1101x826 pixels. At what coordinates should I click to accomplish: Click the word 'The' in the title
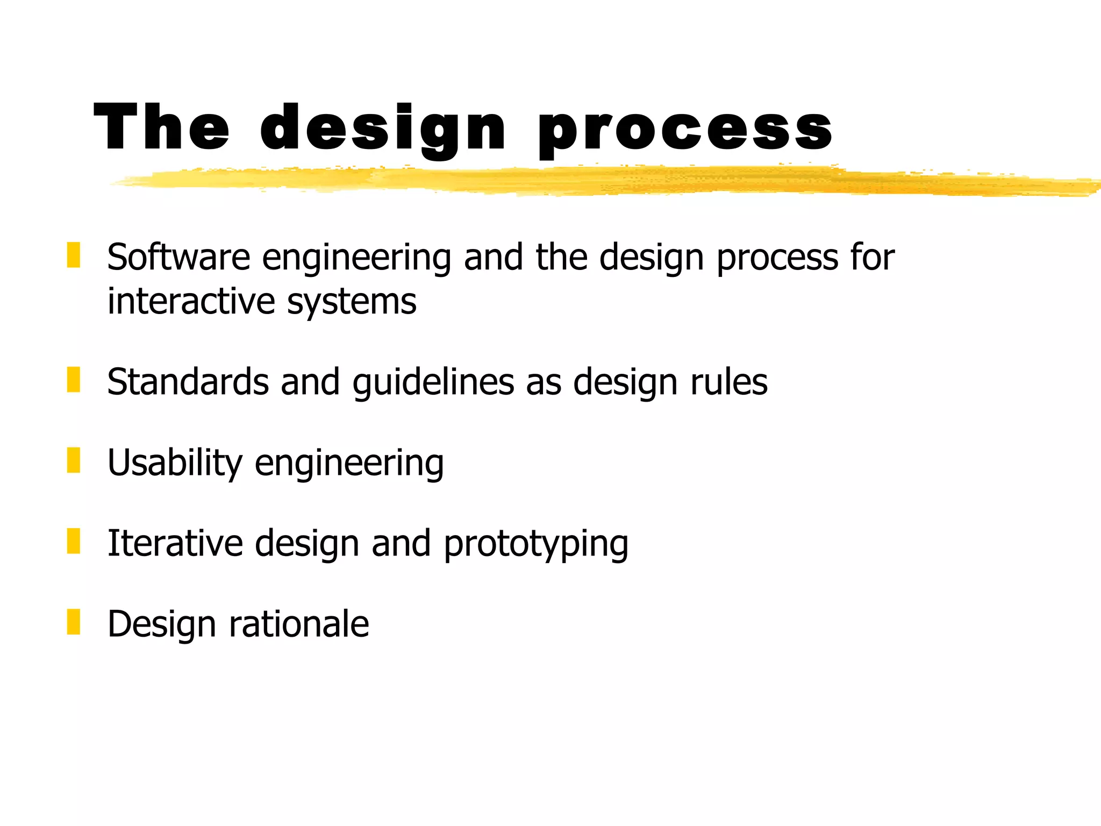click(x=161, y=127)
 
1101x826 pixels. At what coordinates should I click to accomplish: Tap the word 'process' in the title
click(x=685, y=129)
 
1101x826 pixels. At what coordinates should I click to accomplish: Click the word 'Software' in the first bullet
click(x=178, y=257)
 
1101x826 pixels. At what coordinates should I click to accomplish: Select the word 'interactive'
click(x=191, y=301)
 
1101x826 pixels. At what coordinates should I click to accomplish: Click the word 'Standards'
click(x=188, y=382)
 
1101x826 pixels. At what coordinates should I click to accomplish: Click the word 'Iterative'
click(x=175, y=543)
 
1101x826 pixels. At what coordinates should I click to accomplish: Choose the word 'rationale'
click(x=299, y=624)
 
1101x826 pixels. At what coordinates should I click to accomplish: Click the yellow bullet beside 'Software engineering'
click(x=74, y=255)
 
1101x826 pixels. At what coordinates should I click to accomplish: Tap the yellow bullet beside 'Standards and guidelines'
click(x=74, y=380)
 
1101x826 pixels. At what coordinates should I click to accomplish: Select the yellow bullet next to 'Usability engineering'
click(x=74, y=460)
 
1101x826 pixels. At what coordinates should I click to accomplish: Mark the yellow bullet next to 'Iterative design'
click(x=74, y=541)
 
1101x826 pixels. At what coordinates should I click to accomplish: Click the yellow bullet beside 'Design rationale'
click(x=74, y=622)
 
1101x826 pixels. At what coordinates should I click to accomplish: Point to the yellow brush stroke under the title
click(x=591, y=181)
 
